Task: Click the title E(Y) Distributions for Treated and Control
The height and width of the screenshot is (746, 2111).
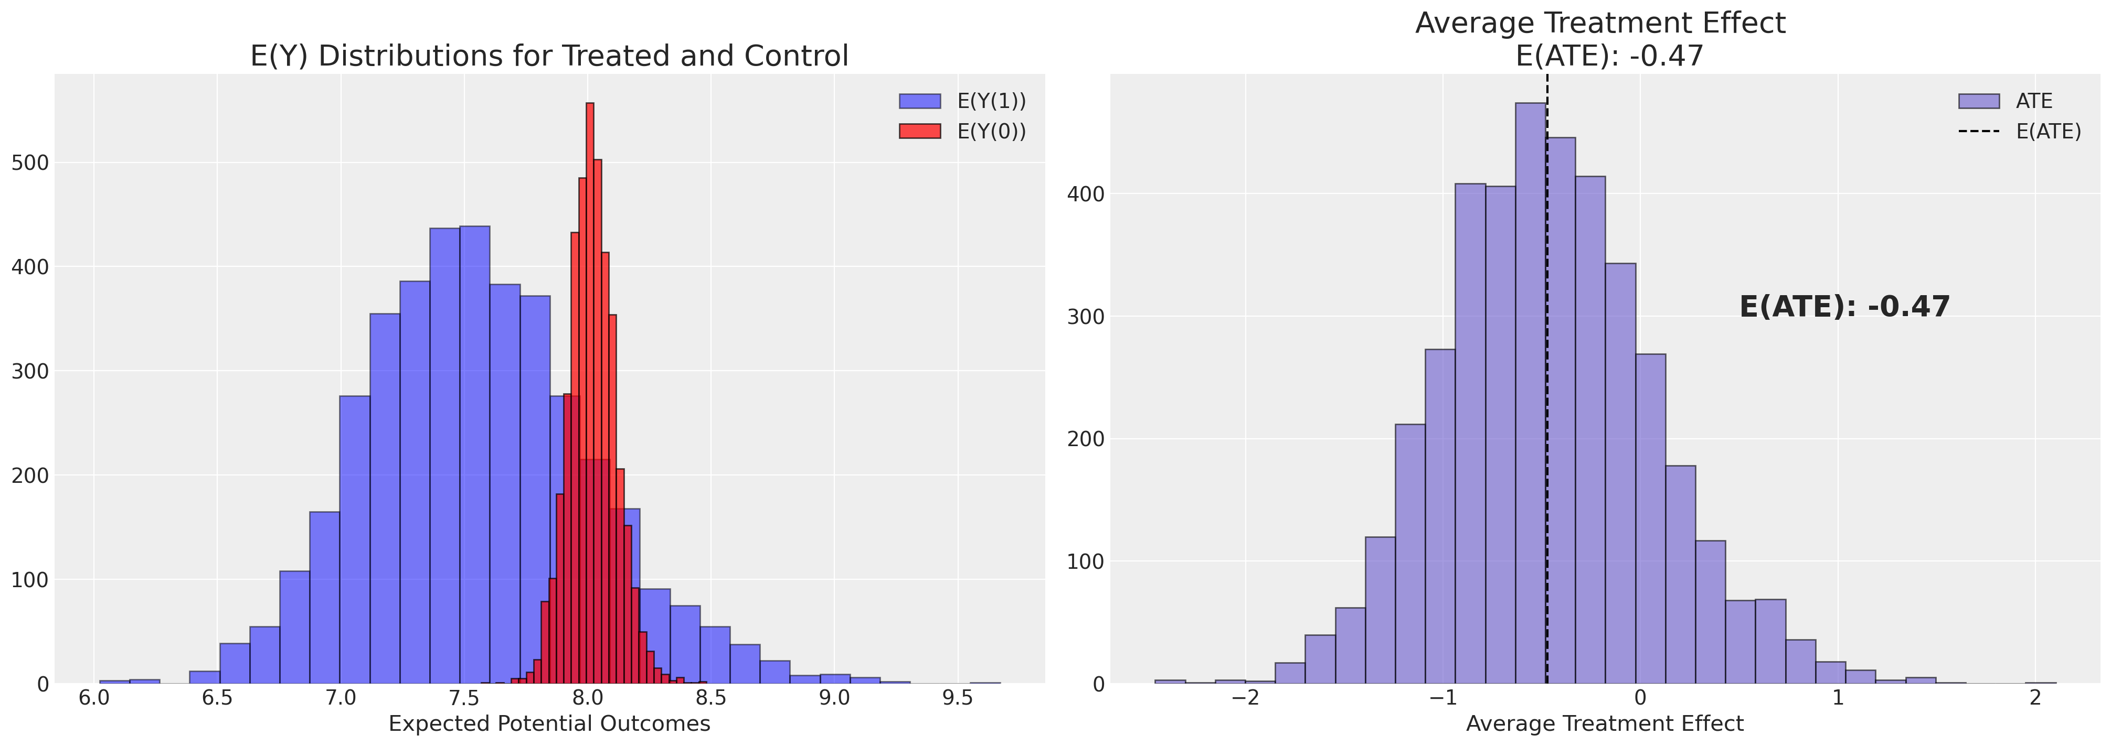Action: [549, 56]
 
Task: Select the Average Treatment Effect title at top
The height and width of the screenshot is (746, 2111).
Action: [1599, 23]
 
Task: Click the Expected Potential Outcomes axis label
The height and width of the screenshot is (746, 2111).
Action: [549, 724]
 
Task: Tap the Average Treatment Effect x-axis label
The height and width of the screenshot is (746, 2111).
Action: [1605, 724]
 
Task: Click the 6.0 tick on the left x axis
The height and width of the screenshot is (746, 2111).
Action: [94, 698]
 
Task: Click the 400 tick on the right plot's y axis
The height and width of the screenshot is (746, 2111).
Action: [1085, 194]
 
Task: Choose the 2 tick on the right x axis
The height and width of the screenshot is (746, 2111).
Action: [2035, 698]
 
